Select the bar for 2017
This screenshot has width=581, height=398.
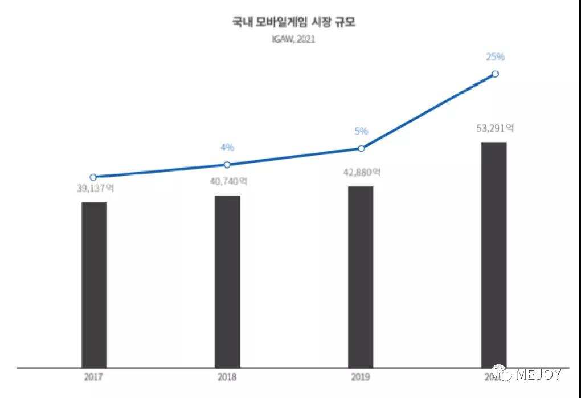[x=94, y=285]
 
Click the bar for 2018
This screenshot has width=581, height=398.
[x=227, y=282]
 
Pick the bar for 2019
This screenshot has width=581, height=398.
[x=361, y=277]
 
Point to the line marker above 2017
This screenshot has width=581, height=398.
[x=93, y=177]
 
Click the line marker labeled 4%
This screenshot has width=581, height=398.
[x=227, y=164]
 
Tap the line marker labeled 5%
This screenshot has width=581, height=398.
[x=361, y=148]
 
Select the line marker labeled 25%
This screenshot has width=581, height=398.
[x=495, y=74]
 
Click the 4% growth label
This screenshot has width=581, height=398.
[x=227, y=148]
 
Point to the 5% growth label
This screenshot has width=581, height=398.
[x=361, y=131]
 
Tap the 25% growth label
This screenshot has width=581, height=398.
[x=495, y=56]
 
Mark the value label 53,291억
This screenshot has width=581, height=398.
[x=495, y=128]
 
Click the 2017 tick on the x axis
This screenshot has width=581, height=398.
[x=93, y=377]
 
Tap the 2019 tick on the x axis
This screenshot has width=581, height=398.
[x=361, y=377]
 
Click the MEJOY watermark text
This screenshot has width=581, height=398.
[x=539, y=375]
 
